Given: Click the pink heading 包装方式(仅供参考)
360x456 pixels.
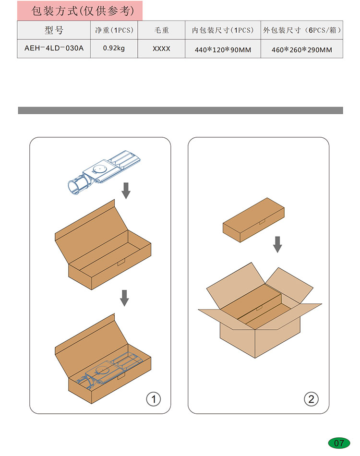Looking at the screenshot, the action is (83, 11).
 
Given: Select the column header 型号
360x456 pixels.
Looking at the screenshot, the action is (54, 30).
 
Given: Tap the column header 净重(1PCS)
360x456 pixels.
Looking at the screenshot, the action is (114, 30).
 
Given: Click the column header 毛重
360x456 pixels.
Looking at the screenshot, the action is (161, 30).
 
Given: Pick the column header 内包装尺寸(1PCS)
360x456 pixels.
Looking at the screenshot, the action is (223, 30).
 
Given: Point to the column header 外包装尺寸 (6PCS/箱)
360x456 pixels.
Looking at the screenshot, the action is (302, 30).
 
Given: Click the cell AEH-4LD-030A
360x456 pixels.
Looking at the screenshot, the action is (54, 48).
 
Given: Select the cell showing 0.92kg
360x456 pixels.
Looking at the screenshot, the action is (114, 48).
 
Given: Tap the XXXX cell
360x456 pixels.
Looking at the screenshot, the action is (161, 48).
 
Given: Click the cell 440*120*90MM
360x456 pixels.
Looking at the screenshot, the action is (223, 50).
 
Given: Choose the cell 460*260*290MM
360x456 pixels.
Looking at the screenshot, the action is (302, 50).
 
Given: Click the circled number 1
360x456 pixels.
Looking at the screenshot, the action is (154, 399).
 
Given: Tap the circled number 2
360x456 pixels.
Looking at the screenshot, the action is (311, 399).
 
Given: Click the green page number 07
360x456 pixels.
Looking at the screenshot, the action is (339, 443).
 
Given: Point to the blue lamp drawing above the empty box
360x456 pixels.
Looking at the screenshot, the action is (104, 172).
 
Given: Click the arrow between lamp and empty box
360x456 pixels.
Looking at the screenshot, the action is (126, 191).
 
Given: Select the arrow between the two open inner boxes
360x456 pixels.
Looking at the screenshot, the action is (124, 298).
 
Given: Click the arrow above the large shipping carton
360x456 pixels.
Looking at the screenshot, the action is (278, 244).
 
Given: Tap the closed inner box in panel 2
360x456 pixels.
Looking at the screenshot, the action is (253, 220).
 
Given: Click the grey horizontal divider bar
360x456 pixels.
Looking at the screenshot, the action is (180, 110).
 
